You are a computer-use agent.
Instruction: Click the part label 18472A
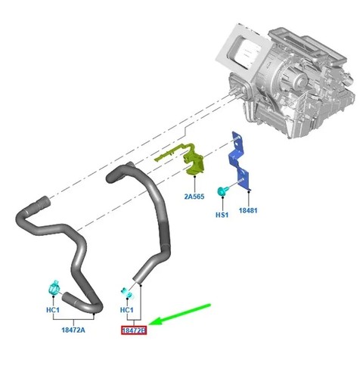pos(73,330)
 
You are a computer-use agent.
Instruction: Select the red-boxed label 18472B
pos(134,330)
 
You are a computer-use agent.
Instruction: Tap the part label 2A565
pos(194,197)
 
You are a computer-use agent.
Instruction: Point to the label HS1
pos(222,215)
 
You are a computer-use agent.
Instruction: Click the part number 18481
pos(248,210)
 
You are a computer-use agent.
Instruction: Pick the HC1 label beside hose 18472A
pos(53,310)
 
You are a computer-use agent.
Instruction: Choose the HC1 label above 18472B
pos(127,310)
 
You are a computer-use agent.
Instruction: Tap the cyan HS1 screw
pos(222,191)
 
